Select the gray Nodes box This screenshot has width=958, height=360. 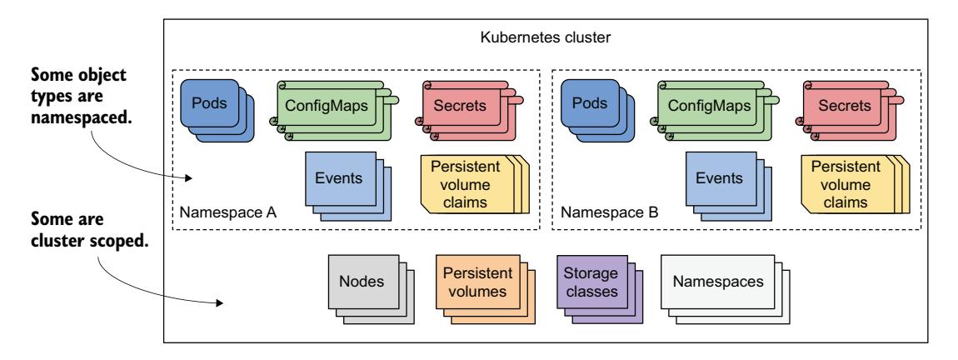pos(361,282)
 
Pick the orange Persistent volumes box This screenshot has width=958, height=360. pos(472,282)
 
